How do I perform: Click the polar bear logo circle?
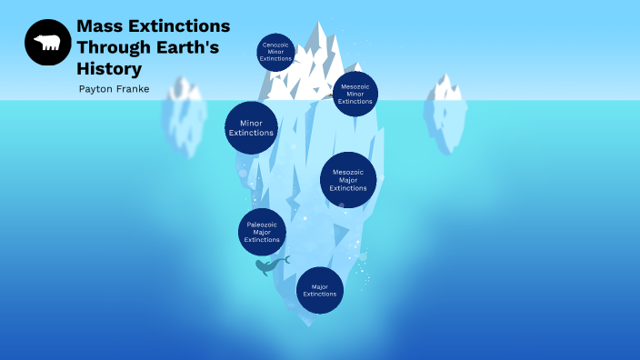pyautogui.click(x=48, y=43)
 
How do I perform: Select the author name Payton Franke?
pyautogui.click(x=115, y=89)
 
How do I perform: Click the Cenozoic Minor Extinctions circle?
pyautogui.click(x=275, y=52)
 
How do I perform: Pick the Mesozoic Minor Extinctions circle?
pyautogui.click(x=355, y=94)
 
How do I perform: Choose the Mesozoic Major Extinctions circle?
pyautogui.click(x=348, y=180)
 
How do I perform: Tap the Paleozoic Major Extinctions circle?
pyautogui.click(x=263, y=232)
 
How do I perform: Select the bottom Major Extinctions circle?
pyautogui.click(x=320, y=290)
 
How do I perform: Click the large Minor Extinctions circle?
pyautogui.click(x=251, y=127)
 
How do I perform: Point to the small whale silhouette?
pyautogui.click(x=269, y=265)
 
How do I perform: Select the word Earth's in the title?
pyautogui.click(x=193, y=47)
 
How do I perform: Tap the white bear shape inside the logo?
pyautogui.click(x=47, y=43)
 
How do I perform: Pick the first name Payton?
pyautogui.click(x=95, y=89)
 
